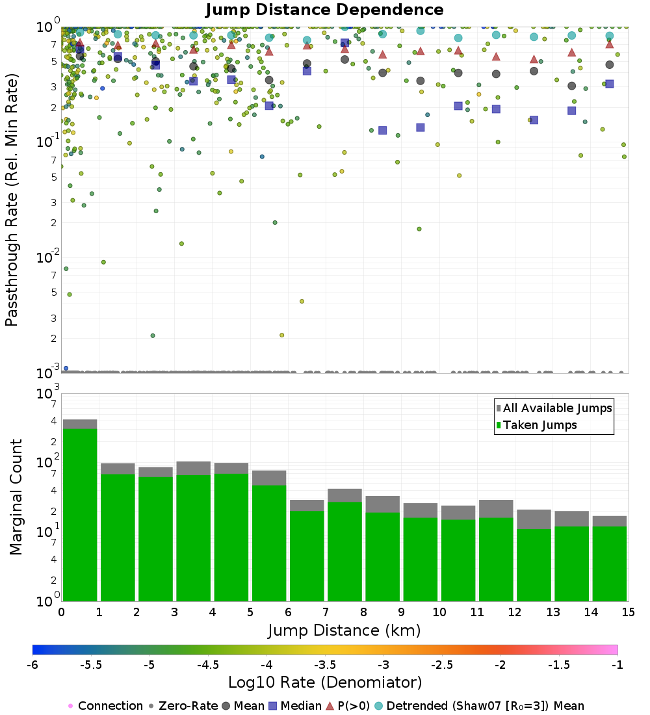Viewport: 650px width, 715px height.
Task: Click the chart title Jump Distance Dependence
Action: [324, 10]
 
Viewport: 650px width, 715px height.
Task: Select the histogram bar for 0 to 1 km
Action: [80, 513]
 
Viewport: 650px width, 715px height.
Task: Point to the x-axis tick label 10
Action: [439, 612]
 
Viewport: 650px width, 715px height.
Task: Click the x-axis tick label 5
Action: [250, 612]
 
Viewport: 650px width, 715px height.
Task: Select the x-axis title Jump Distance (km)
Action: [344, 630]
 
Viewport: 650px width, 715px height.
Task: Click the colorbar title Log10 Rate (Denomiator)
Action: [325, 682]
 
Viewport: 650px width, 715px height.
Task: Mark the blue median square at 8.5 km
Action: [383, 130]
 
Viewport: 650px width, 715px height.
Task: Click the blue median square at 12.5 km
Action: [534, 120]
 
